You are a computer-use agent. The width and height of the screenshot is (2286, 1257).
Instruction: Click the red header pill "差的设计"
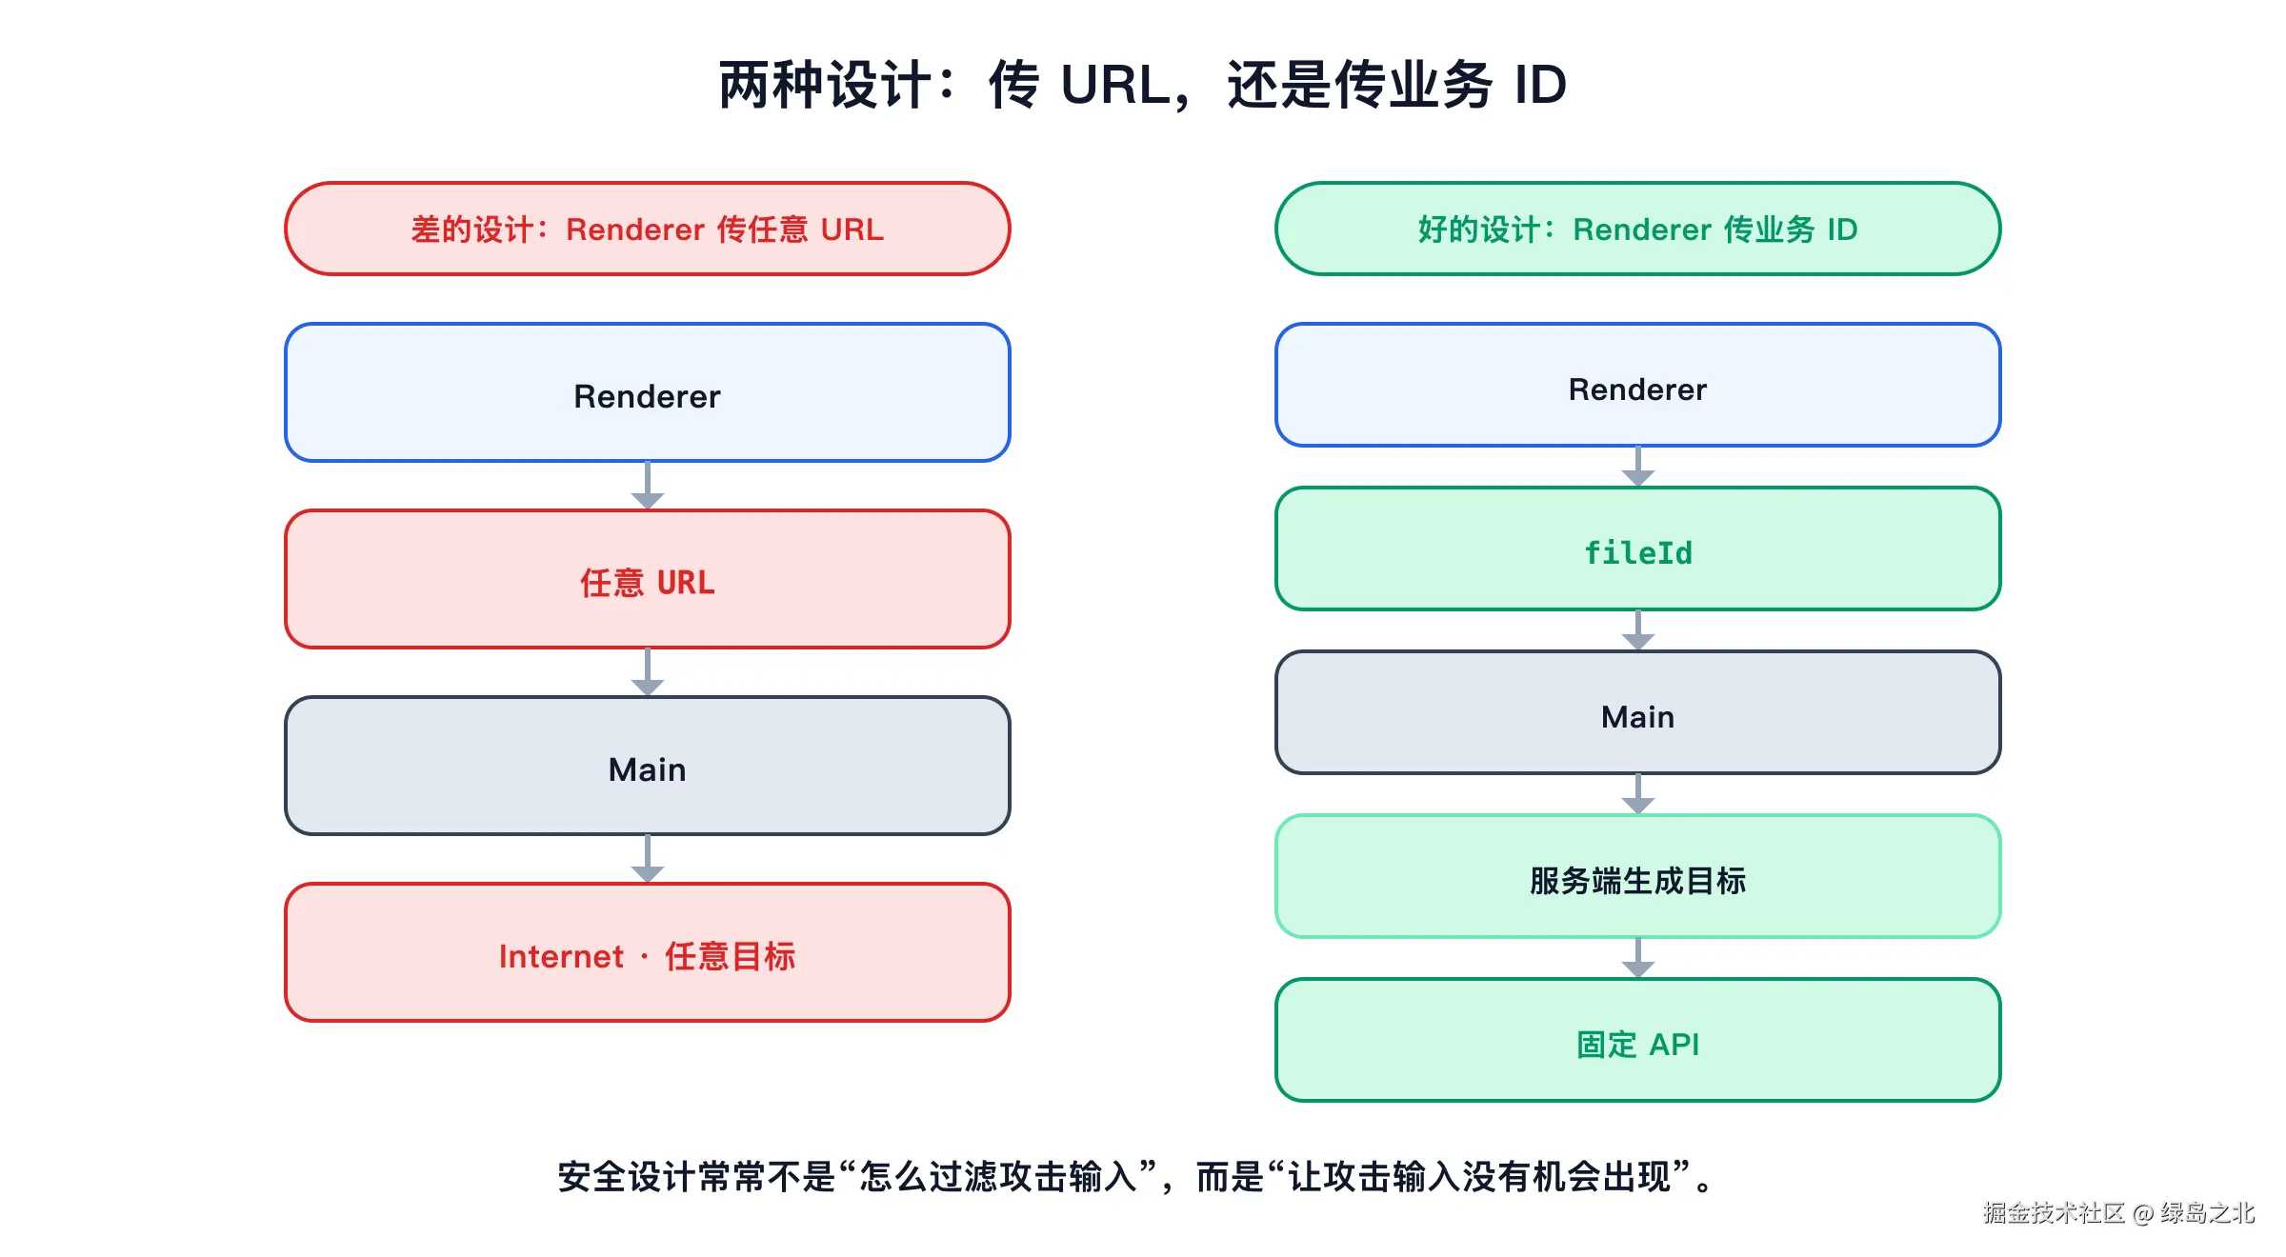point(648,229)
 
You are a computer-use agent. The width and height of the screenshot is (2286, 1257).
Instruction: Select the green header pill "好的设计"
point(1638,229)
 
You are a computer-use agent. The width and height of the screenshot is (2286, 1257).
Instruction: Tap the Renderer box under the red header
point(648,392)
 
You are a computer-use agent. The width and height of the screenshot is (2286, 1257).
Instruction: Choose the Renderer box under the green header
point(1638,385)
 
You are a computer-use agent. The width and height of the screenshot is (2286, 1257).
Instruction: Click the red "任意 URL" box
point(648,579)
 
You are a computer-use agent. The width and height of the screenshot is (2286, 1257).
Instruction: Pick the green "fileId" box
point(1638,549)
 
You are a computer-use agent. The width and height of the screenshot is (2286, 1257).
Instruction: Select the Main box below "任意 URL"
point(648,766)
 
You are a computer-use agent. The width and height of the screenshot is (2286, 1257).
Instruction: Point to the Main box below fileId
point(1638,712)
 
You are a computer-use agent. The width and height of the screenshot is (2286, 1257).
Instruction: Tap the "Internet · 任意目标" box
point(648,952)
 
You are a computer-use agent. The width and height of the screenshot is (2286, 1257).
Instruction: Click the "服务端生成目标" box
point(1638,876)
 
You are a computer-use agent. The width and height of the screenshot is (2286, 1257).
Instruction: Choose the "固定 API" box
point(1638,1040)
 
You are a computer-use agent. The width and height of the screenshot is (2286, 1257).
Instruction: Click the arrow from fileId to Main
point(1638,630)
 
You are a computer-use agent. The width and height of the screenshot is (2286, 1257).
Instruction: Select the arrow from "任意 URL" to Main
point(648,672)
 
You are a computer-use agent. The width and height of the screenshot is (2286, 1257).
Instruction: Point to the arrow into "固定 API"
point(1638,958)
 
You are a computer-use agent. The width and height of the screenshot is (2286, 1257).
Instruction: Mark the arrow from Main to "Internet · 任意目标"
point(648,859)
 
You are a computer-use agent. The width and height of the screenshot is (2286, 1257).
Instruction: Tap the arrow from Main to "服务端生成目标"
point(1638,794)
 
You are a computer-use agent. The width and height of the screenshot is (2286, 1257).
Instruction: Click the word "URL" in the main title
point(1115,85)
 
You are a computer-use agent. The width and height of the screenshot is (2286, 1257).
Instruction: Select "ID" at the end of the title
point(1540,85)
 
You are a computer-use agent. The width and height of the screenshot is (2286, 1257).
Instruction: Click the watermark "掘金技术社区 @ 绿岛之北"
point(2118,1212)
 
